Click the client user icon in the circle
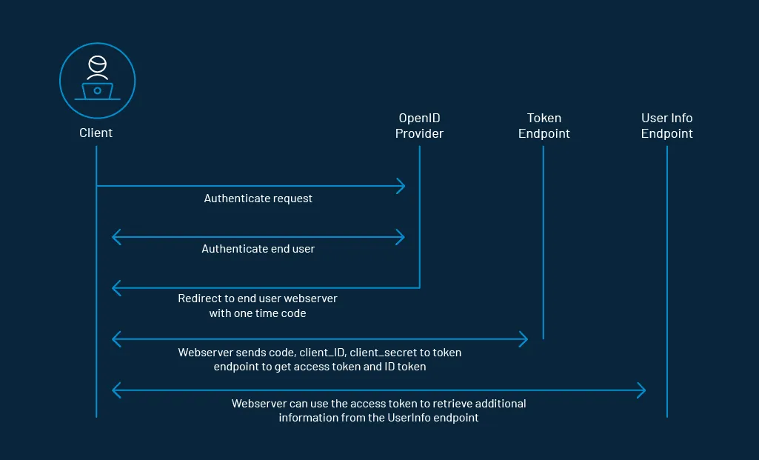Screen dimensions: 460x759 pos(97,80)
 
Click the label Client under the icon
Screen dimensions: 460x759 pos(96,133)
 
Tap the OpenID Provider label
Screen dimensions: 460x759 pos(419,126)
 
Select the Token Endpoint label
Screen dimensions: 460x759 pos(544,126)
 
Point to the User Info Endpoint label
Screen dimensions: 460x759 pos(666,126)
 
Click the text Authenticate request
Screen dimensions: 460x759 pos(258,199)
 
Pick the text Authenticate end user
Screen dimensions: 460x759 pos(258,249)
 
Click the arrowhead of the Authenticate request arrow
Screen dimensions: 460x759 pos(401,186)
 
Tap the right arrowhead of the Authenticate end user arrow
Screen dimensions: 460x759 pos(401,237)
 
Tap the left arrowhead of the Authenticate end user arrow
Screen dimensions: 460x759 pos(116,237)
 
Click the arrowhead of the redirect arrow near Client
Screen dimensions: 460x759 pos(116,287)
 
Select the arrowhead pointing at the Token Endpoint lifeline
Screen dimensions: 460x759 pos(524,339)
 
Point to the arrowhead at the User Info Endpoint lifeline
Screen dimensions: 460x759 pos(642,390)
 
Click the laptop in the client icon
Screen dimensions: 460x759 pos(97,92)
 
